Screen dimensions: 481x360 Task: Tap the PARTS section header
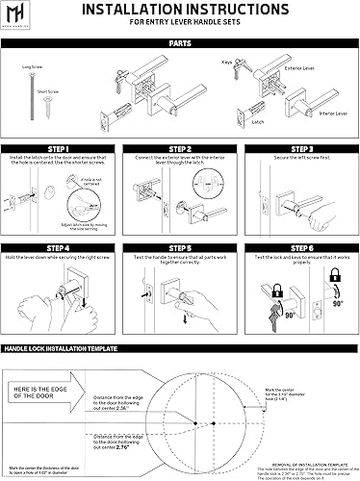[x=179, y=43]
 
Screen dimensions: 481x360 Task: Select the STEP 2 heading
[x=179, y=148]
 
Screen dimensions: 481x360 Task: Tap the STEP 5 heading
[x=179, y=246]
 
